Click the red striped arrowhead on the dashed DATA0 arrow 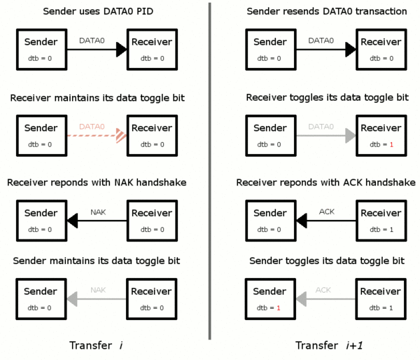[x=121, y=134]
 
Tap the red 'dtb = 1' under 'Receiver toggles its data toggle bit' [x=381, y=144]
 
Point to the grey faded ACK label [x=323, y=289]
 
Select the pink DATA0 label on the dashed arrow [x=92, y=126]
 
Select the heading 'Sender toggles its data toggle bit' [x=325, y=261]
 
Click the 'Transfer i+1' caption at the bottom [x=326, y=345]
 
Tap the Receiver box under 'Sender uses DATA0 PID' [x=151, y=48]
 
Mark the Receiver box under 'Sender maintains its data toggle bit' [x=151, y=298]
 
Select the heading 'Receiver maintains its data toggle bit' [x=96, y=97]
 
